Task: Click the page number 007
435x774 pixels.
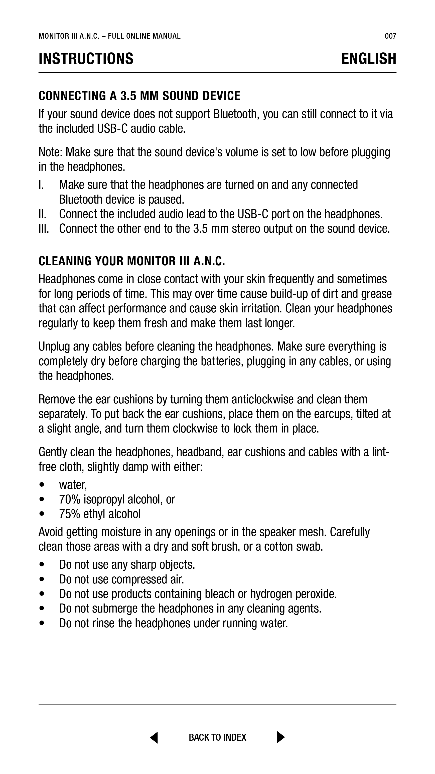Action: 390,36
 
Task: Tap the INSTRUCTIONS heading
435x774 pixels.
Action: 86,59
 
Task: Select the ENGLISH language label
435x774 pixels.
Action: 368,59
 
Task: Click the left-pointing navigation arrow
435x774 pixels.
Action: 154,737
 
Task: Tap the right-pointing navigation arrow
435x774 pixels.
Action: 281,737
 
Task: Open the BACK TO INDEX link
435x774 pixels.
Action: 217,738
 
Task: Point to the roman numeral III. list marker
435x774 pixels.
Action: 44,229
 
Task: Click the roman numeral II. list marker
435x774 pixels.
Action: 43,214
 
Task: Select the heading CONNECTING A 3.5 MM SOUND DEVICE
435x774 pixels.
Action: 139,96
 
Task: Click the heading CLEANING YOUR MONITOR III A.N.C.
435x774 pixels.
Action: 131,261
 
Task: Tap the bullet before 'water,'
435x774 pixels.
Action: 42,485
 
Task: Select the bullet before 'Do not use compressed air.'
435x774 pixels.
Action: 42,579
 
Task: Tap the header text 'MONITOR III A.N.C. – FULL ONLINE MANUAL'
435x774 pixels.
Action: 110,36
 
